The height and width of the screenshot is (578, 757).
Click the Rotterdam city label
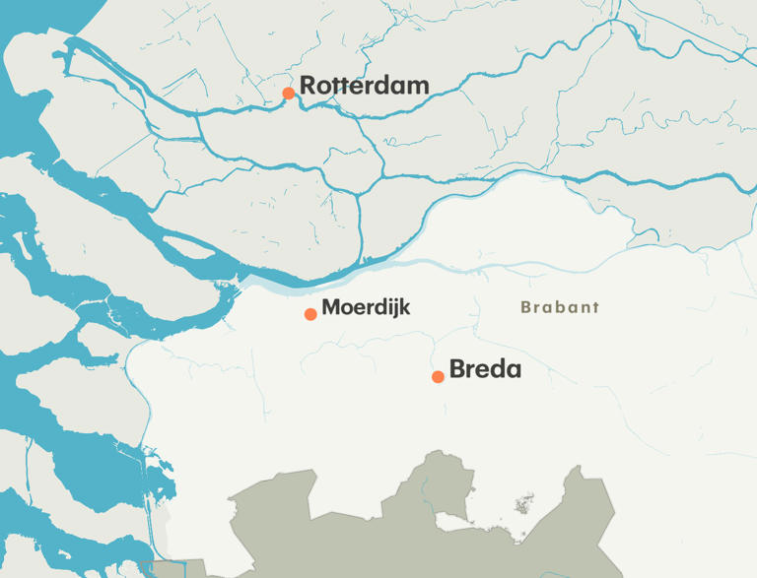click(x=364, y=86)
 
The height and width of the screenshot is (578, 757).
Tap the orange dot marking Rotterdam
click(x=288, y=94)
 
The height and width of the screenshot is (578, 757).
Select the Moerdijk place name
click(x=366, y=307)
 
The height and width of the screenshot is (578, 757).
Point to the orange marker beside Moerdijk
click(x=310, y=314)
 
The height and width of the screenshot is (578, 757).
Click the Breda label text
click(x=485, y=370)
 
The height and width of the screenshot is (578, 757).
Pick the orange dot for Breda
click(x=438, y=376)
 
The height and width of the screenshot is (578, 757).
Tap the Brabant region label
click(x=560, y=307)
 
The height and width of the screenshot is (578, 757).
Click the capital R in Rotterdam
click(x=308, y=86)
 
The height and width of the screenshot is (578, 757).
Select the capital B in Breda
click(x=457, y=370)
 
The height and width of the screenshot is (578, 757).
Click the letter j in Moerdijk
click(x=394, y=309)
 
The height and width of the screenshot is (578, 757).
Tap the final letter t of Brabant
click(x=594, y=307)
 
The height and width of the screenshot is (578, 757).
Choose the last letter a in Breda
click(x=513, y=372)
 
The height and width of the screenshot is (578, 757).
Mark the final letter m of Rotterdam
click(x=419, y=88)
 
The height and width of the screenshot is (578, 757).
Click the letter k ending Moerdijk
click(x=404, y=307)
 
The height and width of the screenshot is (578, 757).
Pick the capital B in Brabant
click(x=526, y=307)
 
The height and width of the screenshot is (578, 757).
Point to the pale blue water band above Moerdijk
click(x=296, y=288)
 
